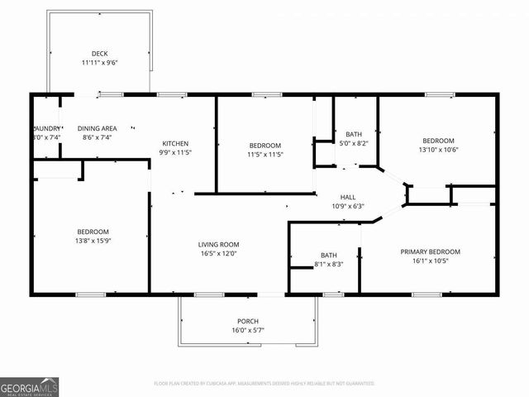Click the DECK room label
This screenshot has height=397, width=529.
point(99,54)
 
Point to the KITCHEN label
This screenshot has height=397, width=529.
point(174,143)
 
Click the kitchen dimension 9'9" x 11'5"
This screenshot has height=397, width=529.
point(174,152)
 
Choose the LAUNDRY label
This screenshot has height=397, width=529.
point(46,128)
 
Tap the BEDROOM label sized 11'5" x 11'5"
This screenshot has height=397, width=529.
point(265,145)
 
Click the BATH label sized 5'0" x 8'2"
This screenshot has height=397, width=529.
point(354,134)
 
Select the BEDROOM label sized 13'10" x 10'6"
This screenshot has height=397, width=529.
point(439,141)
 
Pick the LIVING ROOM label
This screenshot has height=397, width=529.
point(218,244)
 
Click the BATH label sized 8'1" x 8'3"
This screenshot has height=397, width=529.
point(328,255)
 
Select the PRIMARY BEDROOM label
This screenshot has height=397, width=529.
point(431,251)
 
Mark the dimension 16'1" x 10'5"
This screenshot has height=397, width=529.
point(431,261)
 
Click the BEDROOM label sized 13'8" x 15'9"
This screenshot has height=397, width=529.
point(93,232)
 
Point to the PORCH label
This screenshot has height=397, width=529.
point(248,321)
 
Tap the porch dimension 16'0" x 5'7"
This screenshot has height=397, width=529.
point(248,330)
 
